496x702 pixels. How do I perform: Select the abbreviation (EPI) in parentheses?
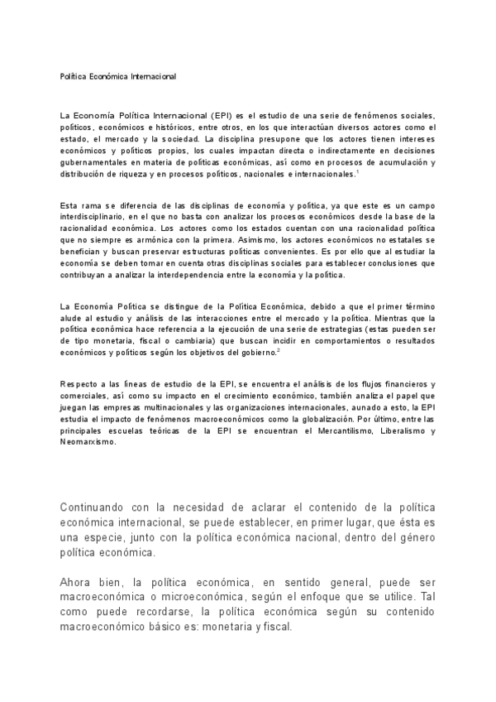(x=222, y=114)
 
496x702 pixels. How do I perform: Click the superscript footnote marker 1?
(x=356, y=171)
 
